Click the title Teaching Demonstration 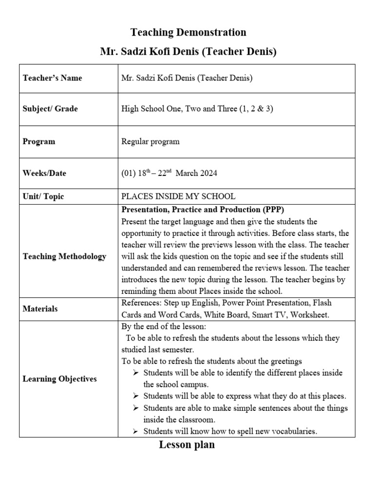tap(188, 33)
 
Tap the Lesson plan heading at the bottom tap(187, 445)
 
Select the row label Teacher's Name tap(53, 78)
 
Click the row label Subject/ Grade tap(50, 109)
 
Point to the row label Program tap(39, 142)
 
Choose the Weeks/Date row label tap(45, 173)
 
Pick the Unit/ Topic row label tap(43, 196)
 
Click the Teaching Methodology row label tap(64, 256)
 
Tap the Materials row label tap(40, 308)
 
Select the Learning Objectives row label tap(60, 379)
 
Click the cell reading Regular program tap(150, 142)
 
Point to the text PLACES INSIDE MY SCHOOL tap(178, 196)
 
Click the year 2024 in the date tap(208, 173)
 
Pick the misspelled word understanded tap(144, 268)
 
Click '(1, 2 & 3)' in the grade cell tap(255, 109)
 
